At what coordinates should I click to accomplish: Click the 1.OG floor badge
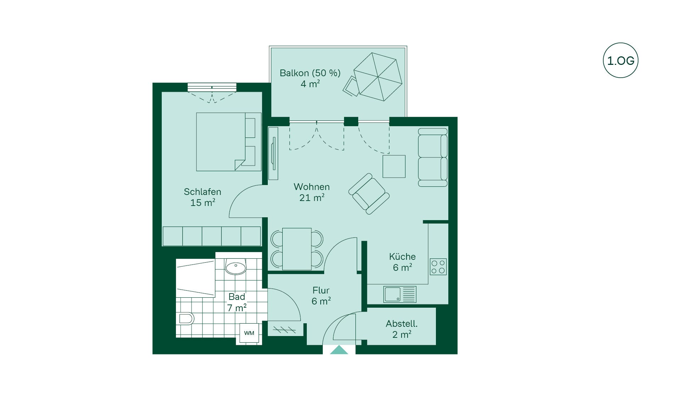tap(620, 60)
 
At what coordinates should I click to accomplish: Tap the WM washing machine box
tap(249, 333)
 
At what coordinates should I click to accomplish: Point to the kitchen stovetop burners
tap(438, 267)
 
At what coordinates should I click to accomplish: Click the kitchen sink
tap(400, 294)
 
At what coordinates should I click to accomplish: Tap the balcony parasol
tap(378, 77)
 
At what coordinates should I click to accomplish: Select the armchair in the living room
tap(369, 194)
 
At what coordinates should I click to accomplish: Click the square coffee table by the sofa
tap(394, 166)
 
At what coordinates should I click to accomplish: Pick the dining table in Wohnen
tap(297, 249)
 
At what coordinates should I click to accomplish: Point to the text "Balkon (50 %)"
tap(310, 73)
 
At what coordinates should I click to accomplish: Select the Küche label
tap(402, 257)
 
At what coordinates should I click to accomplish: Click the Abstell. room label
tap(402, 324)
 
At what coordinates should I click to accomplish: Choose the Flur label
tap(321, 290)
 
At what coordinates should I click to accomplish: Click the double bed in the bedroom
tap(229, 142)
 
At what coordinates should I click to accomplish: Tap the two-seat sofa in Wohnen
tap(433, 157)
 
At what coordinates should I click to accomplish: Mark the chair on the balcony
tap(351, 86)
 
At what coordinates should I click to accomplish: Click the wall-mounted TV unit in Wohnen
tap(273, 153)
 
